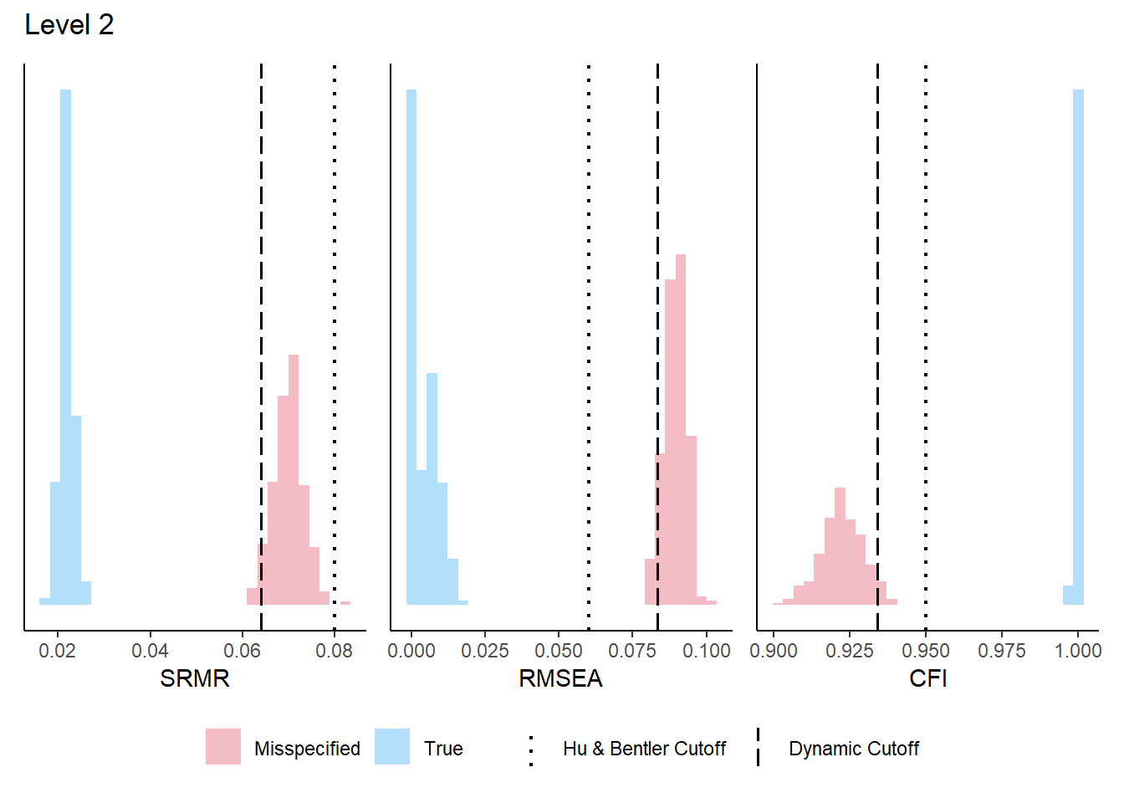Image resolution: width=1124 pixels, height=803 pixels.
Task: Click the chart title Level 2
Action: point(69,25)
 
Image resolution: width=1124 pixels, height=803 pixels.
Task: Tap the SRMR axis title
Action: point(195,678)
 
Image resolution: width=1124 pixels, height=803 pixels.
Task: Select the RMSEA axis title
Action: point(560,678)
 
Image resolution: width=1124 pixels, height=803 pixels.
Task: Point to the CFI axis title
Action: point(927,678)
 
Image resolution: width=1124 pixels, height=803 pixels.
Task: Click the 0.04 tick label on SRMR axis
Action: point(150,651)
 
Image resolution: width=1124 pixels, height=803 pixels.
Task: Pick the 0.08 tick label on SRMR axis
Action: point(335,651)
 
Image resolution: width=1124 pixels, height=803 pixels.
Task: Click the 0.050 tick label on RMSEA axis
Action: point(559,651)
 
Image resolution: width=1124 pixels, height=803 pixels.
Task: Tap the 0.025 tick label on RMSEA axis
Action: point(485,651)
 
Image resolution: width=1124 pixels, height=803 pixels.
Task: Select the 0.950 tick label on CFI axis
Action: point(926,651)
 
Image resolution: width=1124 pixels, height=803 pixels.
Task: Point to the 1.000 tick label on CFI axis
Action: point(1078,651)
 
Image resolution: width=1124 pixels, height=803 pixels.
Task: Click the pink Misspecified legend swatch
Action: point(223,747)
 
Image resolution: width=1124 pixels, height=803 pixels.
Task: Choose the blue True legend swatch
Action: point(392,747)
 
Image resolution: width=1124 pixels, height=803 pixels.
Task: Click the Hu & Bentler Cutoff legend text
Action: point(644,749)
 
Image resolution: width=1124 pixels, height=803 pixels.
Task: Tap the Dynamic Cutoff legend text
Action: point(854,749)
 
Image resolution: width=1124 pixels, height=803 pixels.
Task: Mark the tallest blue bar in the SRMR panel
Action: point(65,335)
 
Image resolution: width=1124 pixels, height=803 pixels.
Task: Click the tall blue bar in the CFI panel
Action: point(1078,335)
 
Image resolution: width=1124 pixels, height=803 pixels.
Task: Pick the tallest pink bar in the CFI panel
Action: point(840,544)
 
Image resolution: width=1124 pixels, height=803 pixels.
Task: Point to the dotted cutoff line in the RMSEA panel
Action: point(589,335)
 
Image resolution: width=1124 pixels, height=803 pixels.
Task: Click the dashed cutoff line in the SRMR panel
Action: point(262,251)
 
